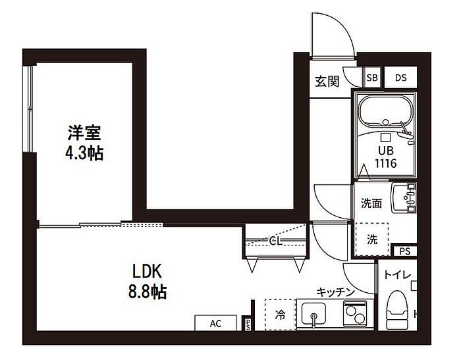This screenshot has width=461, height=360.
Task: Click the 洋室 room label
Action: pos(84,134)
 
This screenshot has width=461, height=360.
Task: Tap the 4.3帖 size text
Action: pos(84,154)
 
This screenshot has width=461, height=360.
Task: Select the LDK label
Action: pos(148,271)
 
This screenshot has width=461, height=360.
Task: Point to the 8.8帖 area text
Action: pos(148,291)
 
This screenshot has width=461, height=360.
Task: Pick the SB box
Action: pos(372,78)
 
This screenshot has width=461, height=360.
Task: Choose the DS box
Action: pos(400,78)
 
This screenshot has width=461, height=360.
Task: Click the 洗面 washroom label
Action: pos(371,203)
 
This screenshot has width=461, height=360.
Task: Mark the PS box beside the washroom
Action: pos(404,251)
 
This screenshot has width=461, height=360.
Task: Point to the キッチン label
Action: pos(336,292)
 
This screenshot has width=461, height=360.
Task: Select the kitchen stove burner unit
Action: pos(356,314)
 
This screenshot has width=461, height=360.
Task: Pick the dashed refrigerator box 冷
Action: pos(280,315)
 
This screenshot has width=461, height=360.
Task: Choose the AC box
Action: pos(215,324)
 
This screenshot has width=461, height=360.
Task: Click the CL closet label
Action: pos(275,241)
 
